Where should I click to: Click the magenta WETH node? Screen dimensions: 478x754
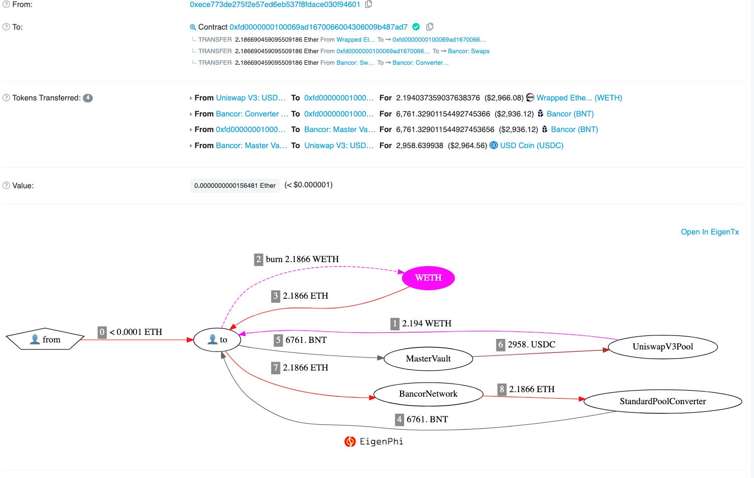428,278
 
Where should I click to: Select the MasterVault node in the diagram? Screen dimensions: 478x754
428,358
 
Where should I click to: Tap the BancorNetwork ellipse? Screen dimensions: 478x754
428,394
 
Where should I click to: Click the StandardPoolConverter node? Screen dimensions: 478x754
663,401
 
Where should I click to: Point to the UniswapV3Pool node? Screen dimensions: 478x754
663,346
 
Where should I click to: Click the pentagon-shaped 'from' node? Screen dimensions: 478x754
45,340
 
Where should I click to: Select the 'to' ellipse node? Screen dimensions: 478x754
217,340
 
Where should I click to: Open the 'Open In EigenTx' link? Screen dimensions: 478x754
710,232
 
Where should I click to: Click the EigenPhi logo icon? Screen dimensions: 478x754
350,441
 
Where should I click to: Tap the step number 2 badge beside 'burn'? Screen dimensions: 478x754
259,259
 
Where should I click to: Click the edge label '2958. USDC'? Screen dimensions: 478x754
532,344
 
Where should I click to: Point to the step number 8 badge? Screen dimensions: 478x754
501,389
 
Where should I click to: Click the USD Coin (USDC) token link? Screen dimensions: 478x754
532,146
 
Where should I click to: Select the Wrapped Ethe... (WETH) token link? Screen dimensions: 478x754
579,98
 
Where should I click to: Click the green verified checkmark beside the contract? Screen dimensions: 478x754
416,27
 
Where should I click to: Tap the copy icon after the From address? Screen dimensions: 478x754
368,5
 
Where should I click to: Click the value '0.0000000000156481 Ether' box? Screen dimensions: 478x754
235,186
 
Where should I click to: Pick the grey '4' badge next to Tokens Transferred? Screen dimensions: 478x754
88,98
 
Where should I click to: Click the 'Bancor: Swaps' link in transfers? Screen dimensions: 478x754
469,51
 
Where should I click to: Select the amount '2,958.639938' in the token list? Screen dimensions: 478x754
420,146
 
